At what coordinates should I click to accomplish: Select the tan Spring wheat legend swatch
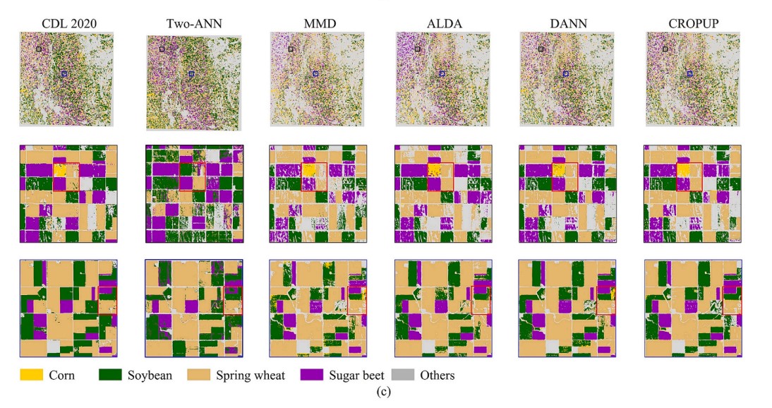tap(200, 374)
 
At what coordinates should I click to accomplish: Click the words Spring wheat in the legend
tap(251, 375)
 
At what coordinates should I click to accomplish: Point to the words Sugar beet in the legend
tap(356, 375)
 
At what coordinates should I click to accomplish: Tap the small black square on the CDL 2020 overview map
tap(40, 49)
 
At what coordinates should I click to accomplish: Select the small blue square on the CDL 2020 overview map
tap(64, 73)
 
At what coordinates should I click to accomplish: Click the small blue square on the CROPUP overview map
tap(689, 73)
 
